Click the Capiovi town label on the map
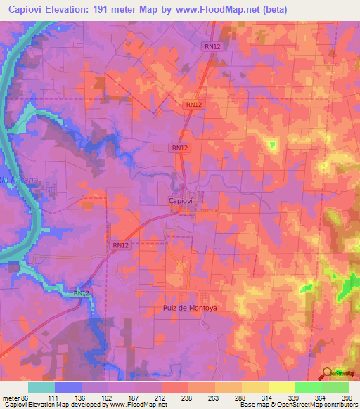tap(181, 200)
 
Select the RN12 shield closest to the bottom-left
tap(82, 293)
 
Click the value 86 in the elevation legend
tap(25, 397)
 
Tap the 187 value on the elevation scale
tap(134, 397)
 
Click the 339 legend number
tap(295, 397)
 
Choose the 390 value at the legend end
tap(348, 397)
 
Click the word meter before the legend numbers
tap(11, 397)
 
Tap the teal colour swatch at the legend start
tap(41, 387)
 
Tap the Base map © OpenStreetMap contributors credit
tap(298, 405)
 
